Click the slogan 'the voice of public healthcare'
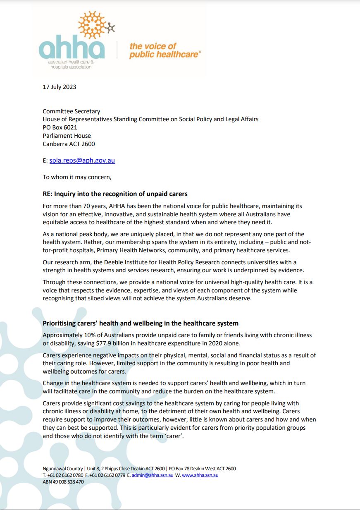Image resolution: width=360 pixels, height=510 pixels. coord(165,50)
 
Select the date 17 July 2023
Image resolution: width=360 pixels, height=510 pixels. coord(60,87)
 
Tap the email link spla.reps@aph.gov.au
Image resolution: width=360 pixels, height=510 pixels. coord(82,160)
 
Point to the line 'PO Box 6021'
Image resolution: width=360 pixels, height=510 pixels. coord(60,127)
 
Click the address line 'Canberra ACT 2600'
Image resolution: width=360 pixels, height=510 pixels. coord(69,144)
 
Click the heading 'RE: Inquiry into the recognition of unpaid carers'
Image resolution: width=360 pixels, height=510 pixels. coord(115,194)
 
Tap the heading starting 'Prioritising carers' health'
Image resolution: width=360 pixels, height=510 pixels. coord(141,323)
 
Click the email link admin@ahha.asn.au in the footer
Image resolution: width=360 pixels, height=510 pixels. coord(153,475)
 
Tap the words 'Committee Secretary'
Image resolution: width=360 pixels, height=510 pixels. coord(72,111)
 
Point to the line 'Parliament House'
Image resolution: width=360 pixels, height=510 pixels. coord(67,136)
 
